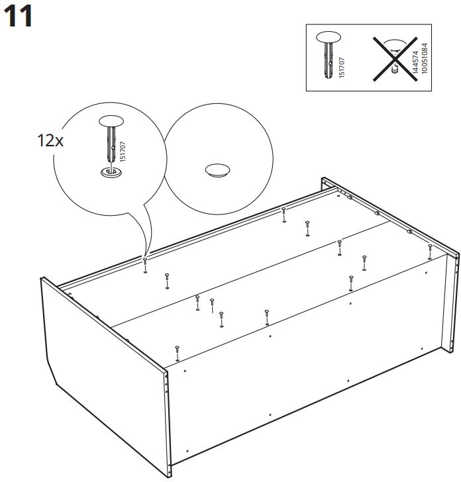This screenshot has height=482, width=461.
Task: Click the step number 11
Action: pyautogui.click(x=19, y=17)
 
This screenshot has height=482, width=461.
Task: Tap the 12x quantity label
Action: pyautogui.click(x=50, y=140)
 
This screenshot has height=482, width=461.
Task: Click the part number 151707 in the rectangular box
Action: pyautogui.click(x=342, y=68)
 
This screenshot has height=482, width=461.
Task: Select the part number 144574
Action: pyautogui.click(x=415, y=62)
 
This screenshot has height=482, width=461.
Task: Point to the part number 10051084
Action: pyautogui.click(x=424, y=58)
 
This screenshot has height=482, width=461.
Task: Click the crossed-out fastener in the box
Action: pyautogui.click(x=395, y=59)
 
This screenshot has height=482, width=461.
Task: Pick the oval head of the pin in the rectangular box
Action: pyautogui.click(x=329, y=37)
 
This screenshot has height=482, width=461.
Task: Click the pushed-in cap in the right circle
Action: pyautogui.click(x=217, y=170)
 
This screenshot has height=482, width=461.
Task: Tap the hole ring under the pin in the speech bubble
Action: pyautogui.click(x=111, y=172)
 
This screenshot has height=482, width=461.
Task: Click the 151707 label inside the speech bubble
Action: pyautogui.click(x=123, y=152)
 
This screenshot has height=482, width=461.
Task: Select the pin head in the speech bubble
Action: pyautogui.click(x=111, y=120)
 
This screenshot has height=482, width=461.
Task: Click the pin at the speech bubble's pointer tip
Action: pyautogui.click(x=145, y=265)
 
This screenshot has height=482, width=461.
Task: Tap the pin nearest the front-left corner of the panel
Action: pyautogui.click(x=177, y=353)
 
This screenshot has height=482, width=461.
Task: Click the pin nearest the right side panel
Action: pyautogui.click(x=430, y=252)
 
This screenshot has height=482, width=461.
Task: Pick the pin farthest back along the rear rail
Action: pyautogui.click(x=284, y=215)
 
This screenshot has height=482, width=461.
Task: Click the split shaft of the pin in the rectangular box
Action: pyautogui.click(x=328, y=60)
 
